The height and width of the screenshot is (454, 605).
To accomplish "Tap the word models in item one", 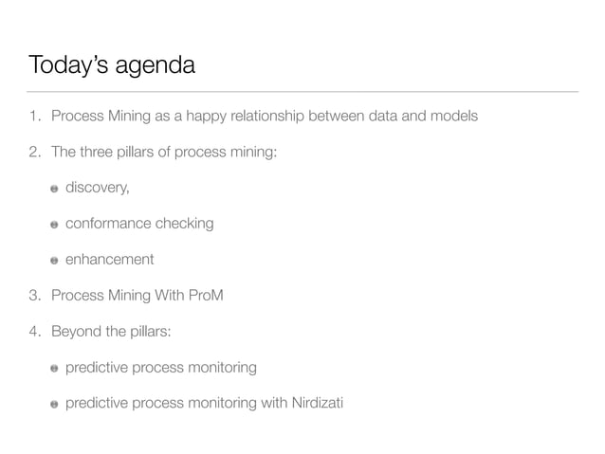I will pos(453,117).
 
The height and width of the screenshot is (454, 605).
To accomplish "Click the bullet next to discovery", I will pos(55,189).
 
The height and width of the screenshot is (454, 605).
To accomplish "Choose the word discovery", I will pos(96,188).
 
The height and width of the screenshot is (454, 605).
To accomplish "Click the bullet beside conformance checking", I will pos(55,225).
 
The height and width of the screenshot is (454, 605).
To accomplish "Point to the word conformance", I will pos(110,224).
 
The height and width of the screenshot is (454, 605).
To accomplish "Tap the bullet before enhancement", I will pos(55,261).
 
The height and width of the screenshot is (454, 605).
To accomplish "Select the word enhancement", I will pos(109,260).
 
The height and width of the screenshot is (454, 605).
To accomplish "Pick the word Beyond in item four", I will pos(76,331).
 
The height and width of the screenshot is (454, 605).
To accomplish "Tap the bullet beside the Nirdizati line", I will pos(55,404).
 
